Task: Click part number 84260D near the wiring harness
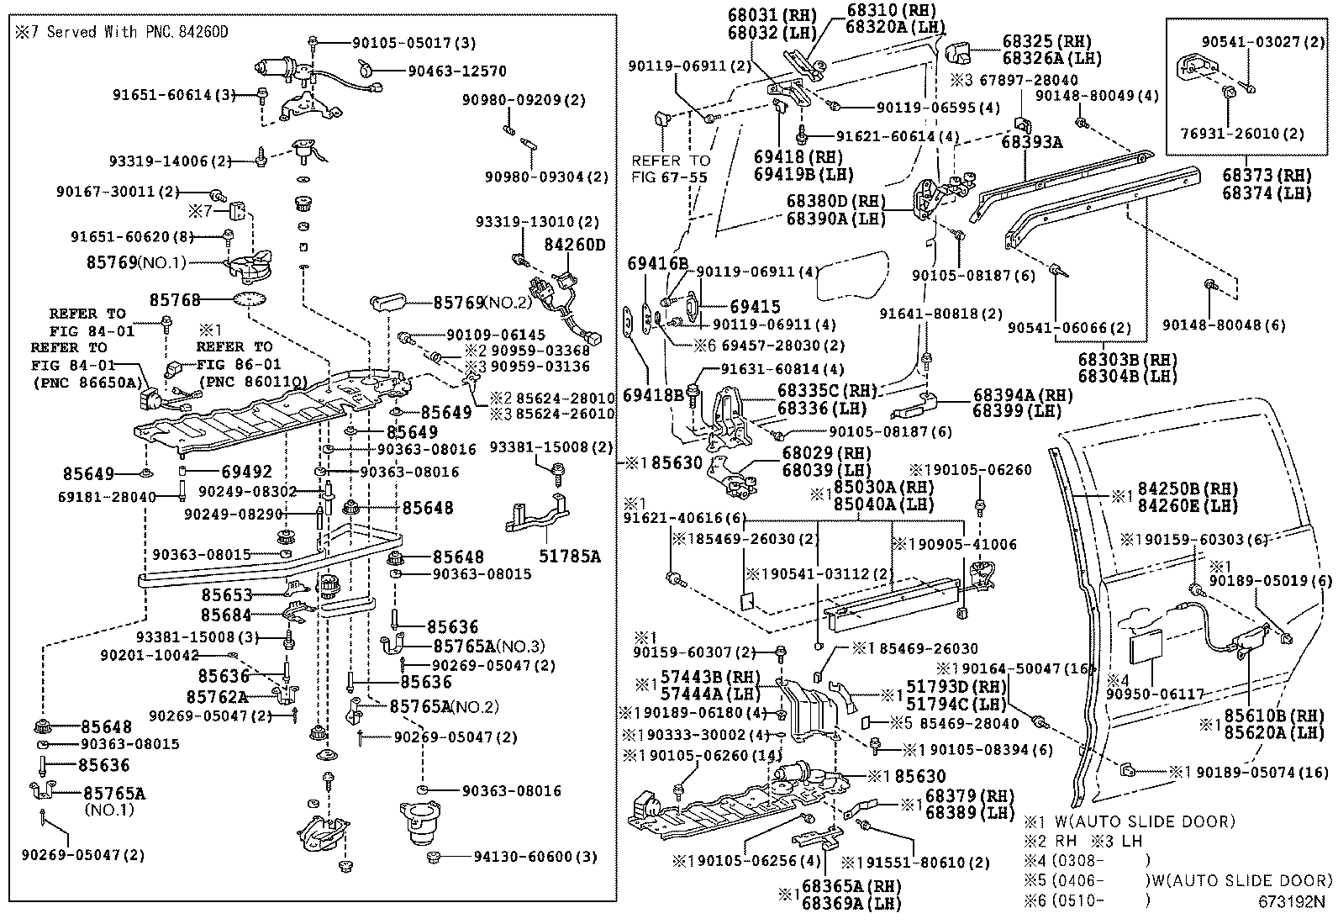pos(575,245)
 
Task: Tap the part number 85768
pos(176,299)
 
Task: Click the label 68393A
pos(1032,142)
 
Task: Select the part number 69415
pos(755,307)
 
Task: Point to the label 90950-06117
pos(1155,694)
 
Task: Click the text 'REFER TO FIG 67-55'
pos(671,169)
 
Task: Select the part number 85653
pos(226,594)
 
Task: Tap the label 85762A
pos(217,697)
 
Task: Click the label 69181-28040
pos(107,497)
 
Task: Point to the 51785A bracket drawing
pos(538,517)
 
